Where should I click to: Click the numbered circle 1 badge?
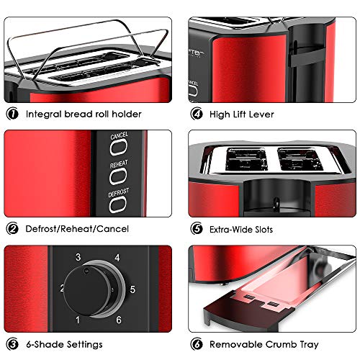pyautogui.click(x=13, y=114)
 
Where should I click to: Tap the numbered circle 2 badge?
pyautogui.click(x=13, y=229)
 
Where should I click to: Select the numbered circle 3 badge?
pyautogui.click(x=13, y=344)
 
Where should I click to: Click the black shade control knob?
pyautogui.click(x=86, y=288)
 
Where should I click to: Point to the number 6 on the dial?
pyautogui.click(x=117, y=320)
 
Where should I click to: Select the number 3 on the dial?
pyautogui.click(x=78, y=257)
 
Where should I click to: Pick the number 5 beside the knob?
pyautogui.click(x=132, y=289)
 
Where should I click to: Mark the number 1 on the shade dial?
pyautogui.click(x=78, y=320)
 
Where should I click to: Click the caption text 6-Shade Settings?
pyautogui.click(x=64, y=344)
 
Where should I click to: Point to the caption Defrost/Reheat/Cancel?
pyautogui.click(x=77, y=229)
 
